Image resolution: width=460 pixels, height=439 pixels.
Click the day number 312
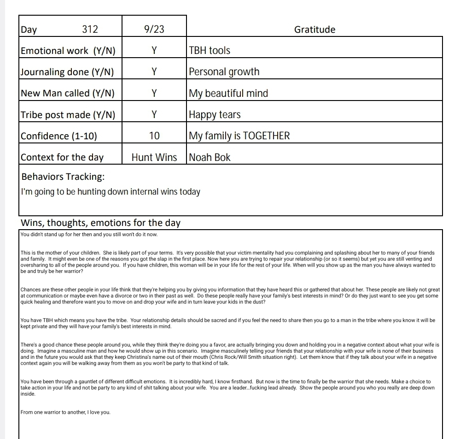90,30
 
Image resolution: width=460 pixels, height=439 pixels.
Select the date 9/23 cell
154,30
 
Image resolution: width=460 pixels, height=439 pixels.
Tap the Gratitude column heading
314,30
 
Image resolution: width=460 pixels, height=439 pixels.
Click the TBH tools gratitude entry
210,51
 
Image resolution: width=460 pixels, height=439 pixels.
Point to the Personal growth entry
224,72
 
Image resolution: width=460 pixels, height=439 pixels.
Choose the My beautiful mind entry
228,93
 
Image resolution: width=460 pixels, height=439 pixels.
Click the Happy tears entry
215,115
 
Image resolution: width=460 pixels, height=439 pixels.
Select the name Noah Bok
210,157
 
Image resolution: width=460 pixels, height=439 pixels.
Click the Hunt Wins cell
154,157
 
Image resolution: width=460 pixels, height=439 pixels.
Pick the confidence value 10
154,136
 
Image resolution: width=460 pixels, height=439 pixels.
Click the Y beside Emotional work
154,51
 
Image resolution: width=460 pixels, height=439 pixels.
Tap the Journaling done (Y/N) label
67,72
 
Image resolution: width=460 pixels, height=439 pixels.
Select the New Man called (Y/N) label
67,93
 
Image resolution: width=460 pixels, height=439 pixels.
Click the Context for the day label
62,157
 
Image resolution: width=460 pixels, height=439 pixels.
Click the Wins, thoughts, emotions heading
101,223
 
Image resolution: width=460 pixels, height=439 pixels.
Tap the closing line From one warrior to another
66,412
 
